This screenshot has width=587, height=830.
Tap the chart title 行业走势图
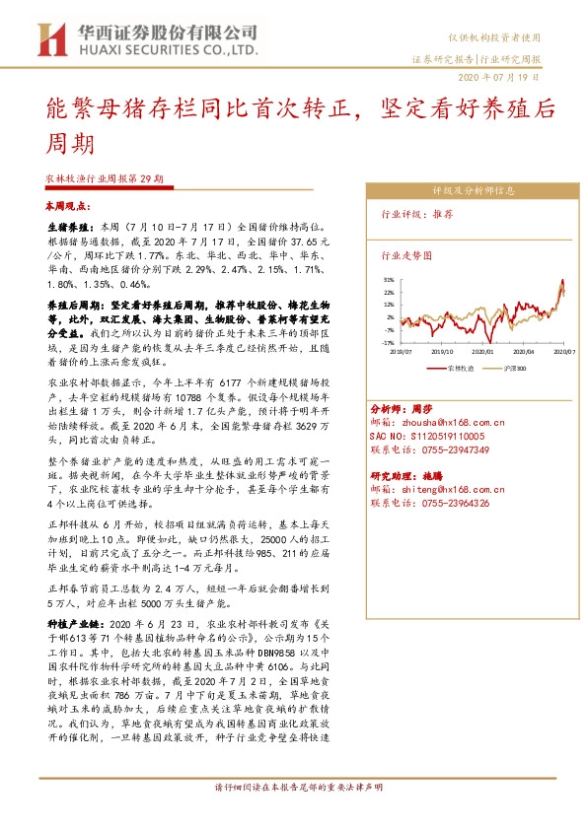407,254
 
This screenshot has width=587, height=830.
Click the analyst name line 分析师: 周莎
402,407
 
